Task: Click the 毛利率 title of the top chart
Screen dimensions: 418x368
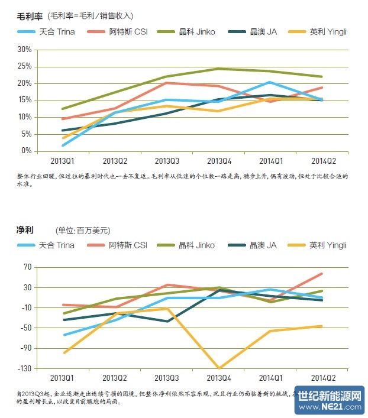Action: coord(29,16)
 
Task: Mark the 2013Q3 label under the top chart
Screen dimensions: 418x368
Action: coord(167,160)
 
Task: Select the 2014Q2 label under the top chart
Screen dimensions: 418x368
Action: coord(323,160)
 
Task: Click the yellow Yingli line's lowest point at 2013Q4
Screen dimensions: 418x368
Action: coord(219,368)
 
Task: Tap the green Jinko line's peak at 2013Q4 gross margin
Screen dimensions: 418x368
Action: coord(218,69)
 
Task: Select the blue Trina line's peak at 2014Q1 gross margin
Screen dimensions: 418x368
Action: coord(270,82)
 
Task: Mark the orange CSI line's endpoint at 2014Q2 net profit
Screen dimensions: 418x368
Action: coord(322,274)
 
